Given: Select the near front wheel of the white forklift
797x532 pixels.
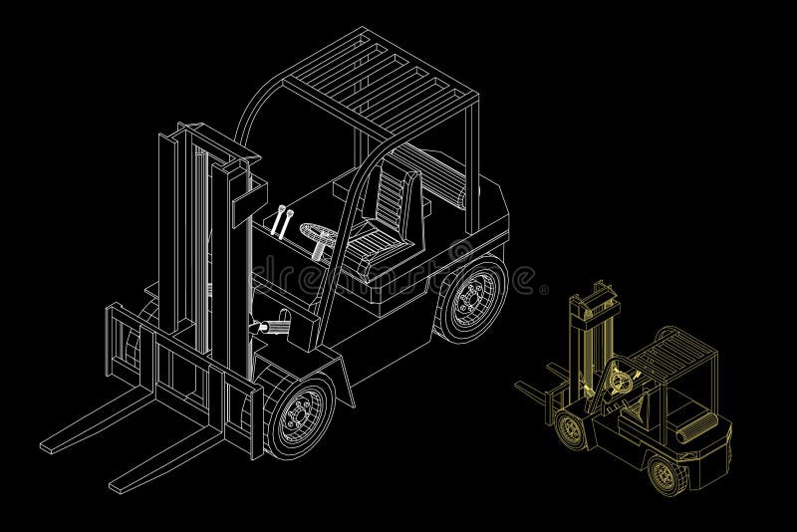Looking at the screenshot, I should (x=299, y=410).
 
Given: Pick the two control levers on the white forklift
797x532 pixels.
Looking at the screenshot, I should (x=282, y=220).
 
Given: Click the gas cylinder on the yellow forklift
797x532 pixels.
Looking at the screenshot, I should (x=691, y=432).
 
